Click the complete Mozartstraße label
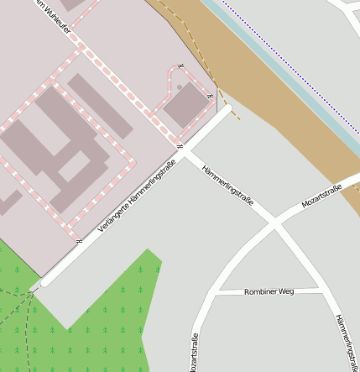[321, 196]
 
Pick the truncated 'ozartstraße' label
[194, 353]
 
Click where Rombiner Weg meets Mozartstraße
[216, 293]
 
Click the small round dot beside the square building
[179, 86]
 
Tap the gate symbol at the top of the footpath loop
[180, 66]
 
